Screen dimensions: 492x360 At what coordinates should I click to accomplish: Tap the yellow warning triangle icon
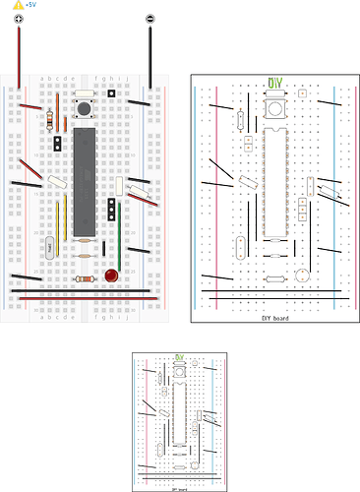(18, 6)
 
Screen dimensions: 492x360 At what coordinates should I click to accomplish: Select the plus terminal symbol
(19, 20)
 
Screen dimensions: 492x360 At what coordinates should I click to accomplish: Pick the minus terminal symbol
(150, 20)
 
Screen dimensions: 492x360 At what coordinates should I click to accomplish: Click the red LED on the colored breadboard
(113, 277)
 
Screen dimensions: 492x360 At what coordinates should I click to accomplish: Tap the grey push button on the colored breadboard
(85, 105)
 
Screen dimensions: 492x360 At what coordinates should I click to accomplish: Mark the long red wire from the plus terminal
(19, 59)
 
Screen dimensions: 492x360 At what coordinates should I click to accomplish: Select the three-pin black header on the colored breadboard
(113, 208)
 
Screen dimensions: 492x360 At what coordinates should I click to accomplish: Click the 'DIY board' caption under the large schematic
(274, 318)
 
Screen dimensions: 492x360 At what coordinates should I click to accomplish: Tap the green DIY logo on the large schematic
(275, 84)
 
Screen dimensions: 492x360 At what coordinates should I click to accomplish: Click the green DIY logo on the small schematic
(180, 357)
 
